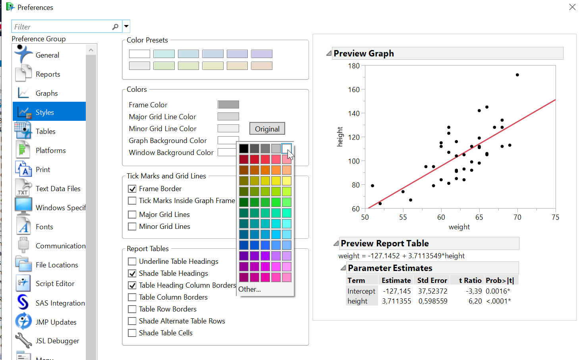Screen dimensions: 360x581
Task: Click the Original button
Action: [267, 129]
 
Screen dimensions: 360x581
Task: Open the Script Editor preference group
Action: [55, 284]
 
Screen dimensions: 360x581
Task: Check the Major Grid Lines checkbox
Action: [132, 215]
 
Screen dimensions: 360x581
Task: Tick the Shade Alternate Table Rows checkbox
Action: [132, 321]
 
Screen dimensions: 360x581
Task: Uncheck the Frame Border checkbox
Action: [132, 189]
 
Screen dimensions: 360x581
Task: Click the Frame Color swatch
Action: [228, 105]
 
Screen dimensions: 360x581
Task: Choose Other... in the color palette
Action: [250, 289]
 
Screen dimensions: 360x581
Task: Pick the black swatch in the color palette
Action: [244, 149]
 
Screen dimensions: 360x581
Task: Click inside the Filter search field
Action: [62, 27]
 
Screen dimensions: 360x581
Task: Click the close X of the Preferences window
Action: [572, 7]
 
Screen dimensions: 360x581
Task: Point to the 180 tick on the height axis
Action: [354, 66]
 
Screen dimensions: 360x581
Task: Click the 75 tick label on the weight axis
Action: [555, 217]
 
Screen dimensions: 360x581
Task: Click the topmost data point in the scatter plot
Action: [517, 75]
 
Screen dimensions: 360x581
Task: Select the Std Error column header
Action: [432, 281]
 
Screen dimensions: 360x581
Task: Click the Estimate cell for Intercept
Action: [397, 291]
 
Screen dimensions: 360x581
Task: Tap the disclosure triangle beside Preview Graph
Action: [329, 53]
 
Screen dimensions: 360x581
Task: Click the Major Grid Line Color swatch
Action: [228, 116]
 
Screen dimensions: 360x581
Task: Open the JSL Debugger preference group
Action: [57, 341]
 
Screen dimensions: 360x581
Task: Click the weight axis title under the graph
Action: [459, 227]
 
